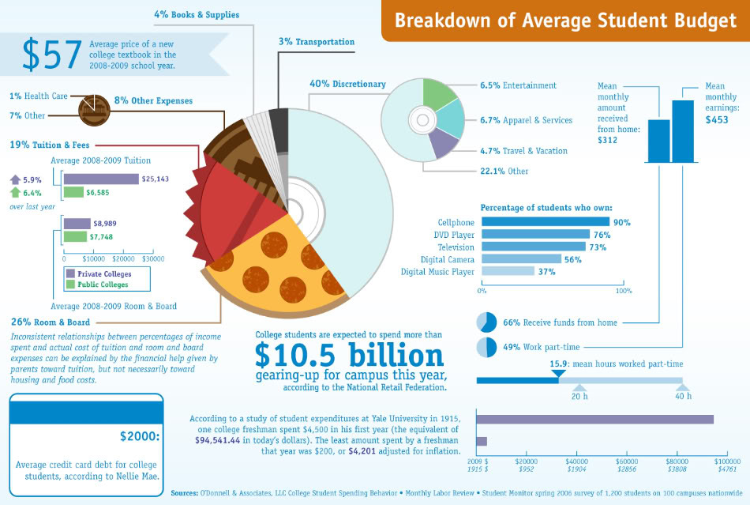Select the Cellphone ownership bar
click(x=545, y=222)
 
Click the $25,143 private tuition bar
click(x=100, y=179)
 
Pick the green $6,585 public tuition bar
click(x=73, y=192)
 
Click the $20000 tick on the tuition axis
click(x=123, y=258)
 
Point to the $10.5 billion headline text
click(x=350, y=356)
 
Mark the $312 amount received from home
click(x=608, y=140)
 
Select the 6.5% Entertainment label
click(x=518, y=85)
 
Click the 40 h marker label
click(x=683, y=396)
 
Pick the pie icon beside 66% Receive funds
click(x=486, y=322)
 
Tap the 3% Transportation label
click(x=316, y=42)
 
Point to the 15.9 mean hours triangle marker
click(x=558, y=372)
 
